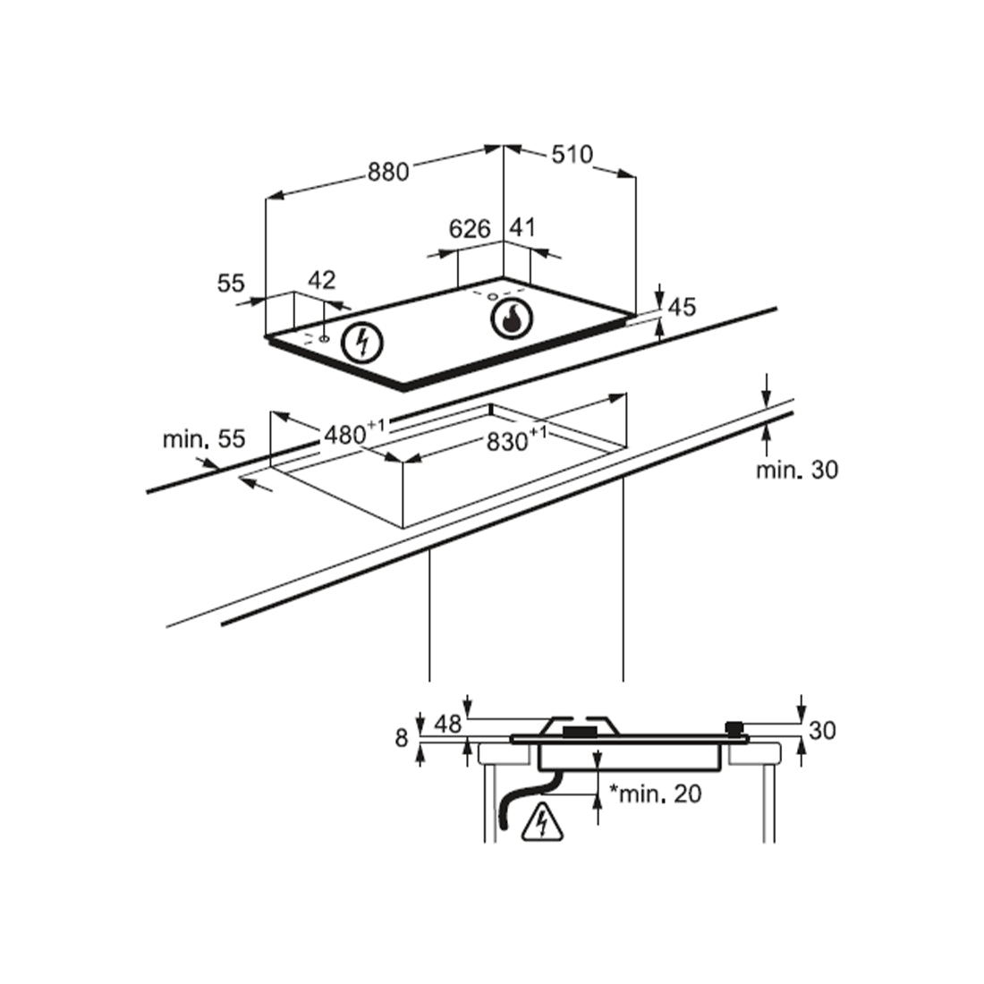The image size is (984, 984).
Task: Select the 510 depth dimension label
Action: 571,155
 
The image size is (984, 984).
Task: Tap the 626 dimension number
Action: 470,229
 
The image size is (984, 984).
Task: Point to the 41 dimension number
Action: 522,227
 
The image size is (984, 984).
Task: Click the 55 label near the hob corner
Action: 231,284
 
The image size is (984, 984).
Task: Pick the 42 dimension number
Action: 321,280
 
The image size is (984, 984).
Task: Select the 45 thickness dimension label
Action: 682,308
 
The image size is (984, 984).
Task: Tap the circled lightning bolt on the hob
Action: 363,341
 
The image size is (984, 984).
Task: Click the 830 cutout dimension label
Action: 510,441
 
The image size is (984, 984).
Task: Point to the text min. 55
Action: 203,439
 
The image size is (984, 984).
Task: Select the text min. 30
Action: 797,470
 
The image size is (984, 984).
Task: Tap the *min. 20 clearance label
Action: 655,793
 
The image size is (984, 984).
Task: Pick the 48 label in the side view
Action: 448,724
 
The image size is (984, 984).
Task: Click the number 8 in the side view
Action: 402,738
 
